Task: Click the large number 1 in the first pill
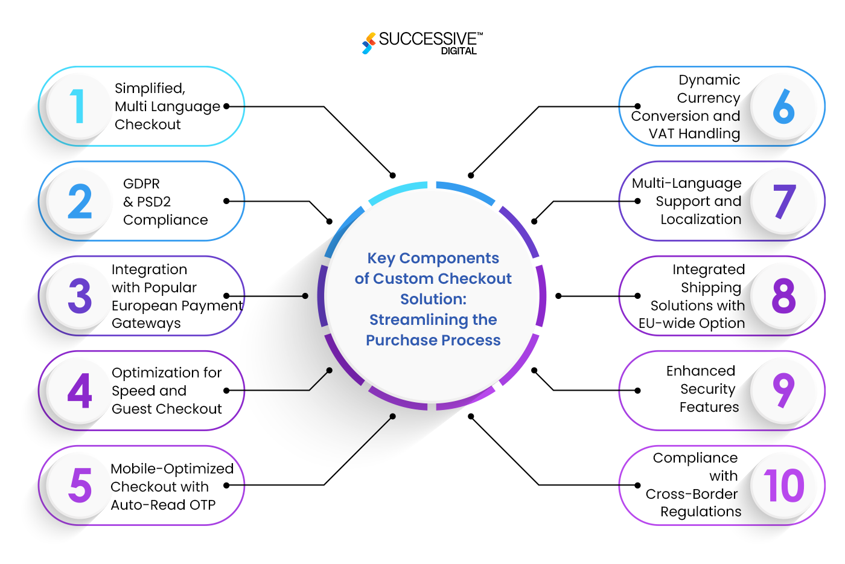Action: (77, 106)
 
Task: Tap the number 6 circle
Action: (783, 106)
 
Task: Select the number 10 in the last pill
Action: (783, 485)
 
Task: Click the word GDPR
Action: (141, 184)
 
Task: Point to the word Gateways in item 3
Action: (146, 324)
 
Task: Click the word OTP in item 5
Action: (203, 505)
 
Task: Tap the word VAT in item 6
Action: (662, 133)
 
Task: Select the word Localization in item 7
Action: (701, 219)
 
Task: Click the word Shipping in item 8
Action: (711, 287)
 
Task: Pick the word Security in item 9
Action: (707, 389)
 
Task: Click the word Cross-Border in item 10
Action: (692, 494)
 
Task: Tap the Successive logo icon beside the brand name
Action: (368, 43)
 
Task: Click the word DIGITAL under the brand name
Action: (459, 51)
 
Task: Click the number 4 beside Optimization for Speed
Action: (80, 391)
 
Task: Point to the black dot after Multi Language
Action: (226, 106)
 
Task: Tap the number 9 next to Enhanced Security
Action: (783, 390)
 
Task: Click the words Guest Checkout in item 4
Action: (167, 409)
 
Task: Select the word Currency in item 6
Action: (708, 98)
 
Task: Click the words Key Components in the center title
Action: (433, 258)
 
